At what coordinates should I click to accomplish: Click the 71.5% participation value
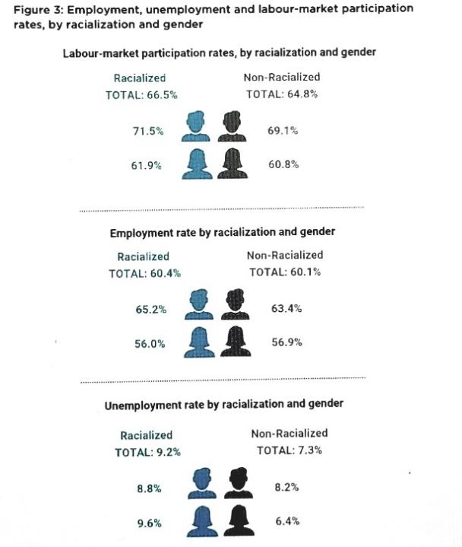coord(148,132)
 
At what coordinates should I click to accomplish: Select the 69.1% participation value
coord(283,131)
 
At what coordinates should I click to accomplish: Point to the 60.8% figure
coord(283,164)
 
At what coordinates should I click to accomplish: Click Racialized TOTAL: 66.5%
coord(141,95)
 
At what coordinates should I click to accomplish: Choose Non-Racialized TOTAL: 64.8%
coord(282,94)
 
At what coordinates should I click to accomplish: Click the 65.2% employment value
coord(150,310)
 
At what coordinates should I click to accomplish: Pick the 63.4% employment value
coord(286,309)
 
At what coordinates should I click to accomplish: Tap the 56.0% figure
coord(150,344)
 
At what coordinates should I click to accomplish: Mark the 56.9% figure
coord(287,342)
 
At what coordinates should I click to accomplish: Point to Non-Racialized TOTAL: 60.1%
coord(285,272)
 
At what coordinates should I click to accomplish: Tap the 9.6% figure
coord(149,523)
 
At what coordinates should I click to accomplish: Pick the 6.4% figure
coord(287,522)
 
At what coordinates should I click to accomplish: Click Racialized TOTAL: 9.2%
coord(147,452)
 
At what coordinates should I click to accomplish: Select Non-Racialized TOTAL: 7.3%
coord(290,450)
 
